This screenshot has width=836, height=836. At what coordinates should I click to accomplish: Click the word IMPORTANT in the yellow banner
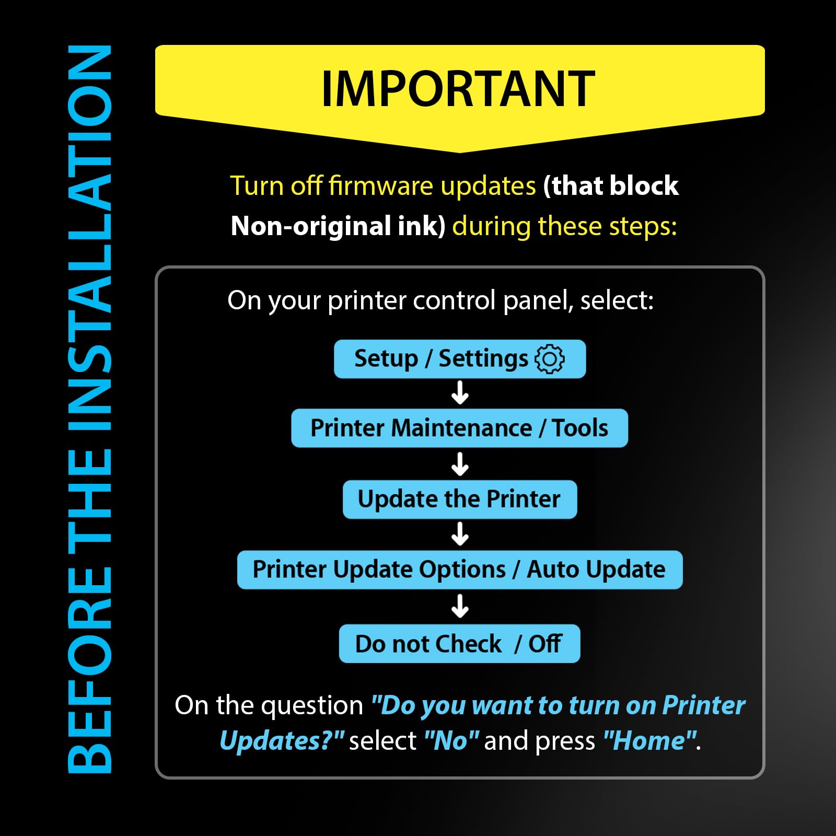(x=458, y=89)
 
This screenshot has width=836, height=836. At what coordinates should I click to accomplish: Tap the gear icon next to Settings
(x=550, y=359)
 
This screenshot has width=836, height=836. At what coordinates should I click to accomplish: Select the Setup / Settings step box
(x=460, y=359)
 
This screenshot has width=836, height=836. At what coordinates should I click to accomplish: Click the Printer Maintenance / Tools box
(x=460, y=428)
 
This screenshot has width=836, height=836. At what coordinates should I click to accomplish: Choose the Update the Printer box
(x=460, y=499)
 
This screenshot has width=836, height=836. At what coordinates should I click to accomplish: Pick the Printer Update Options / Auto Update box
(x=460, y=570)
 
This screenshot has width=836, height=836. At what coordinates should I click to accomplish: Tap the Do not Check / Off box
(x=460, y=644)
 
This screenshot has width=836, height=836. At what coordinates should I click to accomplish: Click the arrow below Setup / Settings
(x=460, y=393)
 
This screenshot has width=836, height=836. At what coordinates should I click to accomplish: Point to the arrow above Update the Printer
(x=460, y=464)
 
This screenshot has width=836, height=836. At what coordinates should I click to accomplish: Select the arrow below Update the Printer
(x=460, y=534)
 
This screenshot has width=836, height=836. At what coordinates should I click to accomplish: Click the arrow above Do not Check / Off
(x=460, y=606)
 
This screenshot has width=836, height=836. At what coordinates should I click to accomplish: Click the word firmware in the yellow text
(x=381, y=186)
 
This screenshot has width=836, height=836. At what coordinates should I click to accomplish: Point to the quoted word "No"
(x=452, y=741)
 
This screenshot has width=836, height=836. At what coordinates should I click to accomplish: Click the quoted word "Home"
(x=649, y=741)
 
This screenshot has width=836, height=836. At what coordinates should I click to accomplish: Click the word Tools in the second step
(x=580, y=428)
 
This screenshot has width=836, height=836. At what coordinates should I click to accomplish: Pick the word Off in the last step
(x=544, y=644)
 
